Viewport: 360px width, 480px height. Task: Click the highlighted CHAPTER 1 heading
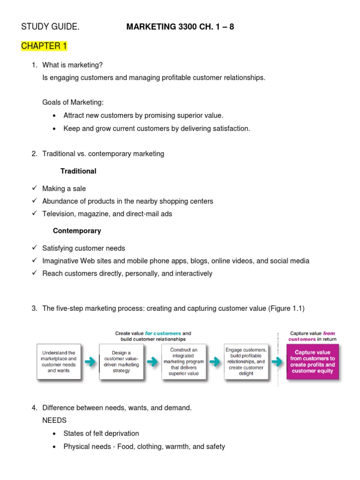[x=44, y=46]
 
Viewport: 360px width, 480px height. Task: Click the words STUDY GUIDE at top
[x=50, y=27]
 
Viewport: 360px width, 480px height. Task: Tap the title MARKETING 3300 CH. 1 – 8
[x=180, y=27]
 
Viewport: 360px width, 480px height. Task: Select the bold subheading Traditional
[x=78, y=171]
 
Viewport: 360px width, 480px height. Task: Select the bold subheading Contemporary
[x=77, y=231]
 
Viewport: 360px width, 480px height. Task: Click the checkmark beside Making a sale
[x=34, y=188]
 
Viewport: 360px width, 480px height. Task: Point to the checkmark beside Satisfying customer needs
[x=34, y=248]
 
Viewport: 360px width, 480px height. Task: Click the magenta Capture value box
[x=312, y=361]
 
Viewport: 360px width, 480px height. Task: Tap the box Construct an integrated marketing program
[x=183, y=361]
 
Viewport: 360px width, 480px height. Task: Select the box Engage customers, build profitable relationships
[x=246, y=361]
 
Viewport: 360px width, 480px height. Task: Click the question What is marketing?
[x=72, y=65]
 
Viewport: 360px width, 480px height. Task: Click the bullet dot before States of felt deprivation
[x=55, y=434]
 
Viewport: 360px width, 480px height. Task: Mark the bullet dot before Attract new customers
[x=55, y=116]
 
